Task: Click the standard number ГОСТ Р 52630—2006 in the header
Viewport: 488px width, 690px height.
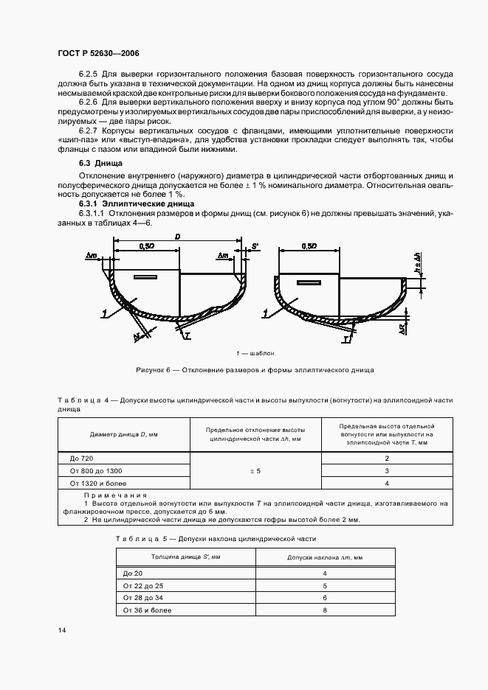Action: [98, 54]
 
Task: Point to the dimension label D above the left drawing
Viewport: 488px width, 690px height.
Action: [177, 237]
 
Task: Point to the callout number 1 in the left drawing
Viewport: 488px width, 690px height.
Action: [106, 313]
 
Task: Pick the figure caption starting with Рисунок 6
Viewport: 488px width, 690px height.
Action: [255, 369]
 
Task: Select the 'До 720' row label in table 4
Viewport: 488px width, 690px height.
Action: [80, 458]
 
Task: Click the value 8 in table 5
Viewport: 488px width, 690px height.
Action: [324, 610]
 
